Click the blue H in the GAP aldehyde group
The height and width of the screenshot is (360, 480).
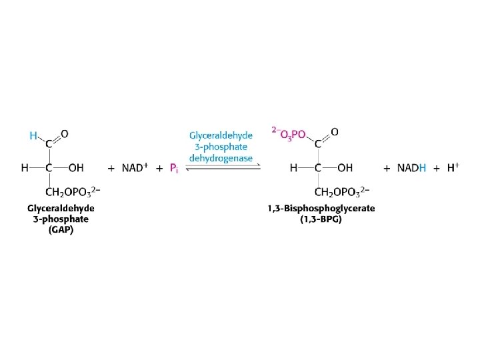[x=33, y=135]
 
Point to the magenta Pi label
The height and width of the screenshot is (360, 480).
[x=173, y=168]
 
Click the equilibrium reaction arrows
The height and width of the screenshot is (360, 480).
[x=222, y=169]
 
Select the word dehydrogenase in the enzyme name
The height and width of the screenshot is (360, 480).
[x=221, y=158]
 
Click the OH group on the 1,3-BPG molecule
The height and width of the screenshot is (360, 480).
[x=345, y=167]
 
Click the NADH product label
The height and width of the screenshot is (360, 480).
[x=411, y=168]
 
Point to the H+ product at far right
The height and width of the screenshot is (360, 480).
[x=453, y=167]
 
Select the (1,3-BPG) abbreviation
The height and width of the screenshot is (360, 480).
[x=321, y=219]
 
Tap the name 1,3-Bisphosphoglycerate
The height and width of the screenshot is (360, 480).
[x=321, y=209]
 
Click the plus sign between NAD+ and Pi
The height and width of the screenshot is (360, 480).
[x=159, y=168]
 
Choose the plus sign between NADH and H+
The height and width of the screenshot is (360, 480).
[x=437, y=168]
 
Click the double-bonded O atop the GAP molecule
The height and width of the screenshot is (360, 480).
[x=65, y=133]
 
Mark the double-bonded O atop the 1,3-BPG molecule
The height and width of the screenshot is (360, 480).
[x=334, y=132]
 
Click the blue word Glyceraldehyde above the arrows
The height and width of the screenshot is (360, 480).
[x=221, y=135]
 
